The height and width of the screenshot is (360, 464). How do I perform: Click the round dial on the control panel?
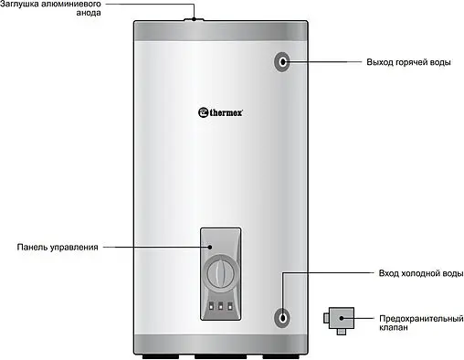tap(219, 272)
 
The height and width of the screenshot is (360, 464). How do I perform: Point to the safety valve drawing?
tap(338, 320)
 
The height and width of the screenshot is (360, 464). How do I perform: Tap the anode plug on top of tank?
tap(195, 18)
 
